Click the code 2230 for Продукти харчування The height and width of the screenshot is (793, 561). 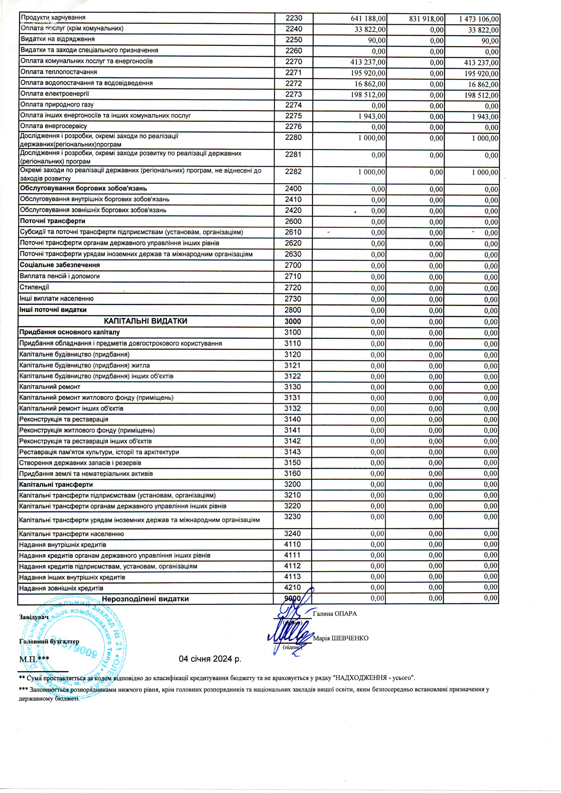(x=294, y=18)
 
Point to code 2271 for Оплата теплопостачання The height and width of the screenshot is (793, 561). (x=294, y=73)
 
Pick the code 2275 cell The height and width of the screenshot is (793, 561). (x=294, y=116)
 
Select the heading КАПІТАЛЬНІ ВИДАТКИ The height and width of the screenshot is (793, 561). (x=146, y=321)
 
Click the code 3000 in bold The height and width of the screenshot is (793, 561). (x=293, y=321)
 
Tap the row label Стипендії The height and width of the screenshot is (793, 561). (x=35, y=287)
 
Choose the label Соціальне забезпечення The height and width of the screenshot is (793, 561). (x=60, y=265)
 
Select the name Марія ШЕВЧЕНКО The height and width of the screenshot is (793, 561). (x=340, y=638)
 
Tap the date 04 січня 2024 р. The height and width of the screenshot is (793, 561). (x=210, y=659)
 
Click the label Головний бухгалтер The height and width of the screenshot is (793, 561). (x=50, y=641)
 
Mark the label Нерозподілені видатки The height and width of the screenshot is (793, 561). (x=146, y=599)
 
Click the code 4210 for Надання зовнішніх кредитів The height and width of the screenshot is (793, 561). (x=293, y=587)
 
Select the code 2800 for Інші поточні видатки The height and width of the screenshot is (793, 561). (x=293, y=310)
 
